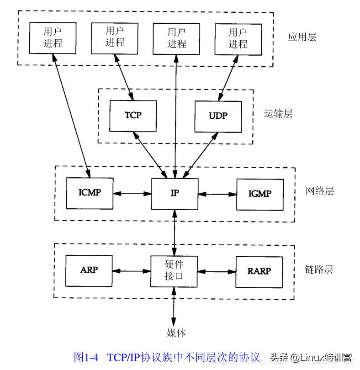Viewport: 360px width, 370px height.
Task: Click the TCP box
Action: click(x=133, y=115)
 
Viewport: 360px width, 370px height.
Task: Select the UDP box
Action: click(x=218, y=115)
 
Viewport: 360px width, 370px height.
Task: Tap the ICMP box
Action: click(x=90, y=192)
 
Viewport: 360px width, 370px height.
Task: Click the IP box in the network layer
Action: click(x=175, y=193)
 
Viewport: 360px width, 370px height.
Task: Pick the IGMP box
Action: click(x=259, y=194)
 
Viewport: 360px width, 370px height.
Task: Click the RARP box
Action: click(x=259, y=271)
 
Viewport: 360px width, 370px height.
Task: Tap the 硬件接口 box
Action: click(x=174, y=270)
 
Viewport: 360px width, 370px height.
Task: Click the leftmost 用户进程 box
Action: click(x=53, y=37)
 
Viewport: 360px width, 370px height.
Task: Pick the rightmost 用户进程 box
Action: click(x=238, y=38)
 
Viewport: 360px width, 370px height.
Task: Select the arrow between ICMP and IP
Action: click(x=132, y=193)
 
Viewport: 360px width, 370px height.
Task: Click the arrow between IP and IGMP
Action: click(x=217, y=194)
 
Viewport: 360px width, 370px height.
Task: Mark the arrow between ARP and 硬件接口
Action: click(x=132, y=270)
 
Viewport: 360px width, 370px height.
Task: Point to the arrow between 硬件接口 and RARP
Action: click(x=217, y=271)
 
